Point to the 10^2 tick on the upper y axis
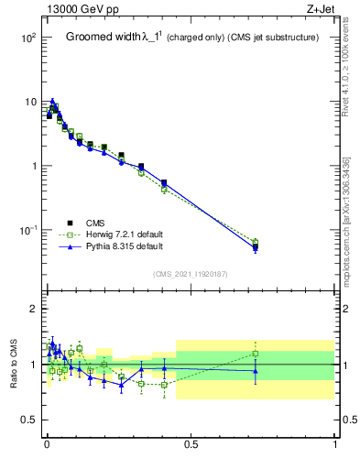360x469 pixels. (x=27, y=38)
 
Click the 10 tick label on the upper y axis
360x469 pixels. (x=29, y=102)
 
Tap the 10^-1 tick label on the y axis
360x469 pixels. (x=27, y=230)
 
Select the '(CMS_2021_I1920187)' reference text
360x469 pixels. (x=191, y=274)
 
